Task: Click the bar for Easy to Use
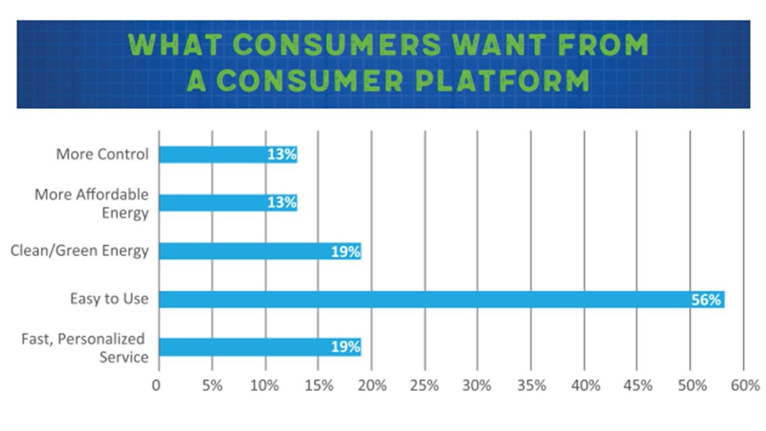(x=442, y=299)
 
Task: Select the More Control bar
(x=227, y=154)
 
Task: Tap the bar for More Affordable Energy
(x=227, y=203)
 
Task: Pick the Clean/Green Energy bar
(x=260, y=251)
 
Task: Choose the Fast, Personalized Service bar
(x=260, y=347)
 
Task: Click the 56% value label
(x=706, y=299)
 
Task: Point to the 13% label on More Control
(x=281, y=154)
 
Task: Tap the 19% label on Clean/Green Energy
(x=345, y=251)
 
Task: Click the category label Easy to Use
(x=109, y=299)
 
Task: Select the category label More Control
(x=102, y=154)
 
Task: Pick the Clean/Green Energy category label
(x=79, y=250)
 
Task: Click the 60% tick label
(x=744, y=386)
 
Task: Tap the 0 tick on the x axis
(x=157, y=386)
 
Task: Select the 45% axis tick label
(x=637, y=386)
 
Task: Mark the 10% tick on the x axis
(x=265, y=386)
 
